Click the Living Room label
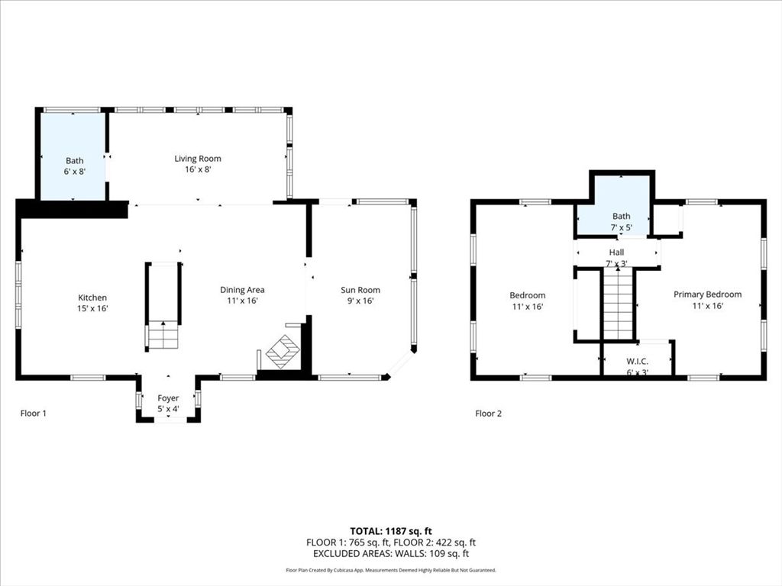[198, 159]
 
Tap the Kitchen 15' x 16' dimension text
[92, 309]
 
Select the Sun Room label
[360, 290]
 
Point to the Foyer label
[168, 398]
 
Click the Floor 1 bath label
[74, 160]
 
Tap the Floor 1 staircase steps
[163, 336]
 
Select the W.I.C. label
[636, 362]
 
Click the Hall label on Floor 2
[616, 253]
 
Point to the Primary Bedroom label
[707, 295]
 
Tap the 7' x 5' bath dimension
[621, 227]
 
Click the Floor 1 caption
[34, 414]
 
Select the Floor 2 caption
[489, 414]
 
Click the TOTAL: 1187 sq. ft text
[390, 530]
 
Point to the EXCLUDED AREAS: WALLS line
[390, 554]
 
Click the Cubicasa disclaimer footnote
[390, 570]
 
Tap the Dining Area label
[243, 290]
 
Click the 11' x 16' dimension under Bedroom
[528, 307]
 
